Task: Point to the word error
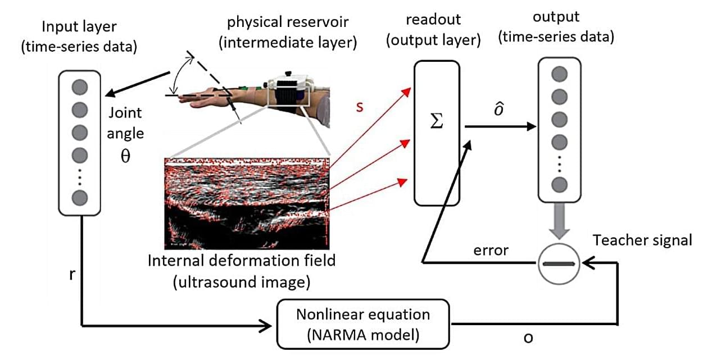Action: click(492, 250)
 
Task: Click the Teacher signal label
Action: click(642, 240)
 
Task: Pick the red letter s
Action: click(360, 107)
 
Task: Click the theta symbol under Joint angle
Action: click(125, 156)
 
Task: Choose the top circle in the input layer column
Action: click(80, 87)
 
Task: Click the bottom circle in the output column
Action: click(559, 185)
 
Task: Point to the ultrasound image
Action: click(245, 203)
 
